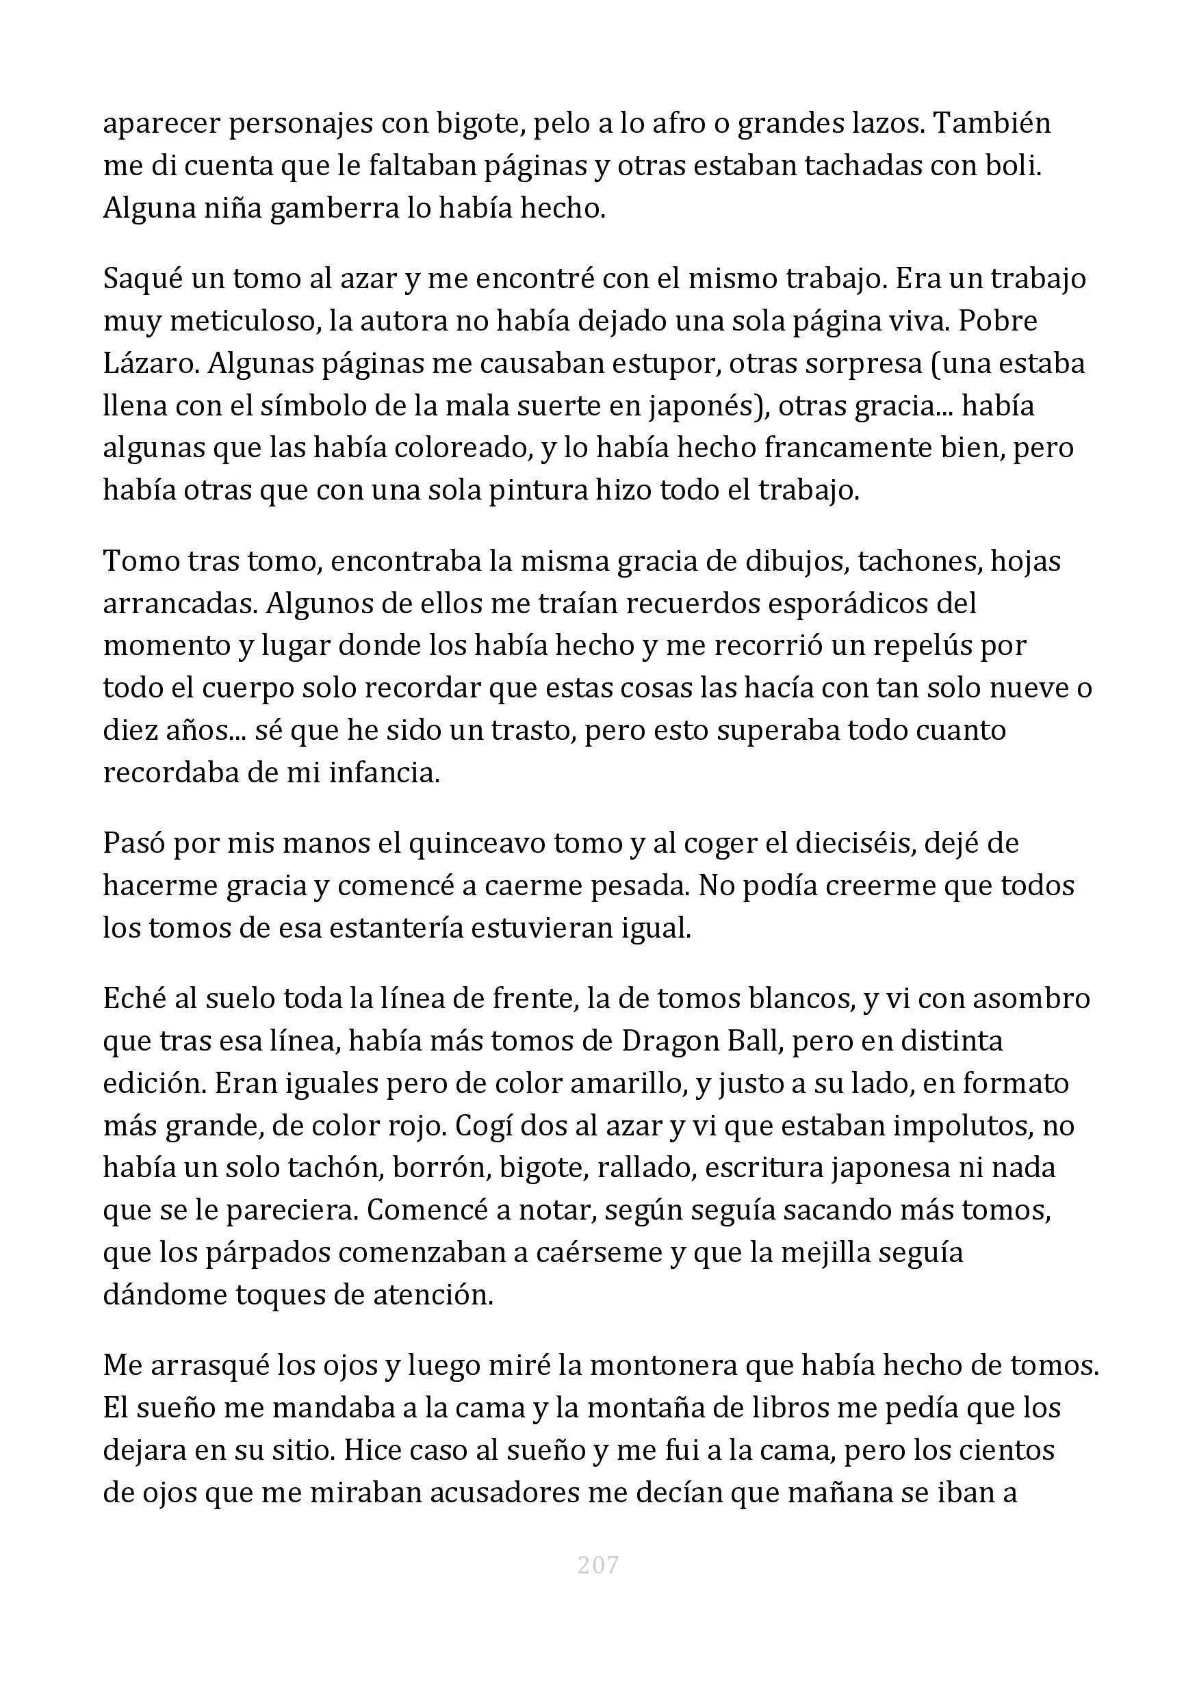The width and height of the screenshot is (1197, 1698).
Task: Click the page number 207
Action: (x=597, y=1564)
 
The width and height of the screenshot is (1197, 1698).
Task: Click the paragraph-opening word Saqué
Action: (x=142, y=279)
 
